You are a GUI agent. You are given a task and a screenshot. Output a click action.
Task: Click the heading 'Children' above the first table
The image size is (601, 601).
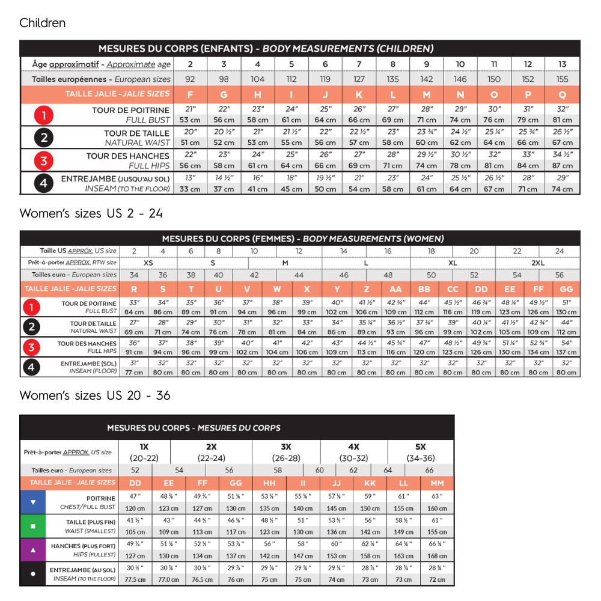click(42, 23)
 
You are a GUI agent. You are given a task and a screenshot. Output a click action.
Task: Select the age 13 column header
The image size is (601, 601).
click(563, 64)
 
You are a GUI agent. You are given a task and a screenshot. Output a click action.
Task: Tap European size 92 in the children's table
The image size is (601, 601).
click(190, 79)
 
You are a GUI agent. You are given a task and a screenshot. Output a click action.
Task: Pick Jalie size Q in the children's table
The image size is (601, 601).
click(563, 94)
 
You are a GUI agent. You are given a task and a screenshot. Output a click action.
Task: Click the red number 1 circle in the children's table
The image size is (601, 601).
click(43, 115)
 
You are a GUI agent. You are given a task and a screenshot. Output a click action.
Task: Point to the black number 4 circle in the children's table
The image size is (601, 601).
click(43, 183)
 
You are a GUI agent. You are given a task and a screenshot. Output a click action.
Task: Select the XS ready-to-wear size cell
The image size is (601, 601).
click(148, 263)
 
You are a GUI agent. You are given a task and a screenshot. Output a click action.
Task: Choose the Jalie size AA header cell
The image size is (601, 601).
click(395, 289)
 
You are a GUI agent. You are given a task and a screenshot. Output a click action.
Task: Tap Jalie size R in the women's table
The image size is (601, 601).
click(134, 289)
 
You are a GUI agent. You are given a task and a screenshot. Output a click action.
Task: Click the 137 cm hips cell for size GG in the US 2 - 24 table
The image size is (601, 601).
click(566, 353)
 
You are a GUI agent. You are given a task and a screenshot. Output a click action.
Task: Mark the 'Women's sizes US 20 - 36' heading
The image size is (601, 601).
click(94, 395)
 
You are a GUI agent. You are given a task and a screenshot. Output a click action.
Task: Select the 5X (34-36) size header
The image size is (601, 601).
click(421, 452)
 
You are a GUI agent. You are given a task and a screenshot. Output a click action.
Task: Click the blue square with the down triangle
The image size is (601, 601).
click(33, 502)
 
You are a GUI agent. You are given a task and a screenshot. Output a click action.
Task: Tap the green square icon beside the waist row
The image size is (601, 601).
click(33, 526)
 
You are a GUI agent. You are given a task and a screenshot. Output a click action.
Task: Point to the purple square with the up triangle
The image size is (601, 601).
click(33, 549)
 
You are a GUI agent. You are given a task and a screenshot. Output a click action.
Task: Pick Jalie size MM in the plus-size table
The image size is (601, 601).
click(437, 483)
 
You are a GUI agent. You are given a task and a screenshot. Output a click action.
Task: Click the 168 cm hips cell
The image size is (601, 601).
click(437, 556)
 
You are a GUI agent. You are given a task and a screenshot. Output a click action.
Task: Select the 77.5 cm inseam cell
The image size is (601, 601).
click(135, 579)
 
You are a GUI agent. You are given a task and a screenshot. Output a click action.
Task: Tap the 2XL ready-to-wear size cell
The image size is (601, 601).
click(538, 263)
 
